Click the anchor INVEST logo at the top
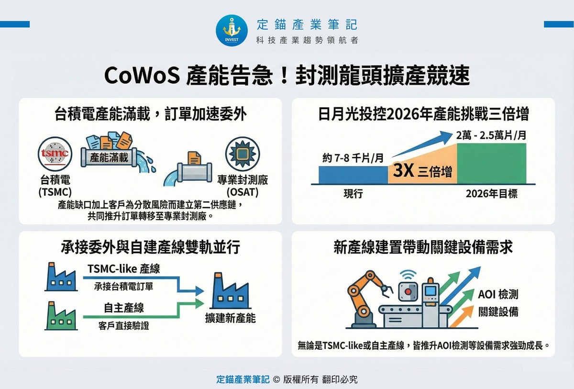click(x=232, y=31)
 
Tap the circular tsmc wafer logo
click(x=55, y=154)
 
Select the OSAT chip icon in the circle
click(x=243, y=154)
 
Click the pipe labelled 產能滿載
click(x=109, y=157)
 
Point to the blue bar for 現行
click(x=353, y=175)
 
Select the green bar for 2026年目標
click(x=492, y=164)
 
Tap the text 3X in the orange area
click(x=403, y=170)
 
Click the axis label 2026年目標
click(x=492, y=193)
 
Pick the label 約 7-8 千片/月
click(x=353, y=158)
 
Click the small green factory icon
click(x=61, y=316)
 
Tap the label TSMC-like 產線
click(x=124, y=269)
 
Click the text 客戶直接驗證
click(x=123, y=326)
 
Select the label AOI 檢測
click(x=498, y=294)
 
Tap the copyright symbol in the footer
click(x=276, y=379)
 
